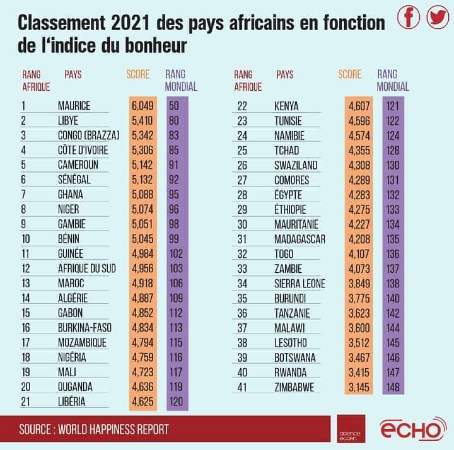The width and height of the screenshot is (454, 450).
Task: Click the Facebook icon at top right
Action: click(409, 17)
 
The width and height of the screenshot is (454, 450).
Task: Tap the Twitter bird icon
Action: click(438, 17)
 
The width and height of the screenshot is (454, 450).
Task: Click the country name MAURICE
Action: click(74, 106)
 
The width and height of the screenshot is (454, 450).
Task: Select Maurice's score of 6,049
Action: click(143, 106)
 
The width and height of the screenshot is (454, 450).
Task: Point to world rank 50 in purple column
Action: click(174, 106)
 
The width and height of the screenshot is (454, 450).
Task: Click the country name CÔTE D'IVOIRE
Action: click(83, 150)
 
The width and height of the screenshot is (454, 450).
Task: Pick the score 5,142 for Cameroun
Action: click(143, 165)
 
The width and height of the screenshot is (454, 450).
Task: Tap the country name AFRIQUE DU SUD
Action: click(87, 268)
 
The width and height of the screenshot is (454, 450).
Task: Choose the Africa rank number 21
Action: click(25, 402)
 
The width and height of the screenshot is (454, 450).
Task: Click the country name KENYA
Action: click(286, 106)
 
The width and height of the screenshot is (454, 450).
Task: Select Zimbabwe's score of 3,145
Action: click(359, 387)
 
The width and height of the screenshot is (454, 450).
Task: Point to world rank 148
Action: click(393, 387)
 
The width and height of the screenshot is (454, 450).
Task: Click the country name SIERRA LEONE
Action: click(300, 284)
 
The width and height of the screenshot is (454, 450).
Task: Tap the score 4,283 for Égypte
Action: click(359, 195)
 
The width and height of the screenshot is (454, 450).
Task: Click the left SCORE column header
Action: click(138, 74)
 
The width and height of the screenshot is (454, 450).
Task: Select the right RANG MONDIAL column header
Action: click(393, 80)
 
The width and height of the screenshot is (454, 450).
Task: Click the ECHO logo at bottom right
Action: click(412, 429)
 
